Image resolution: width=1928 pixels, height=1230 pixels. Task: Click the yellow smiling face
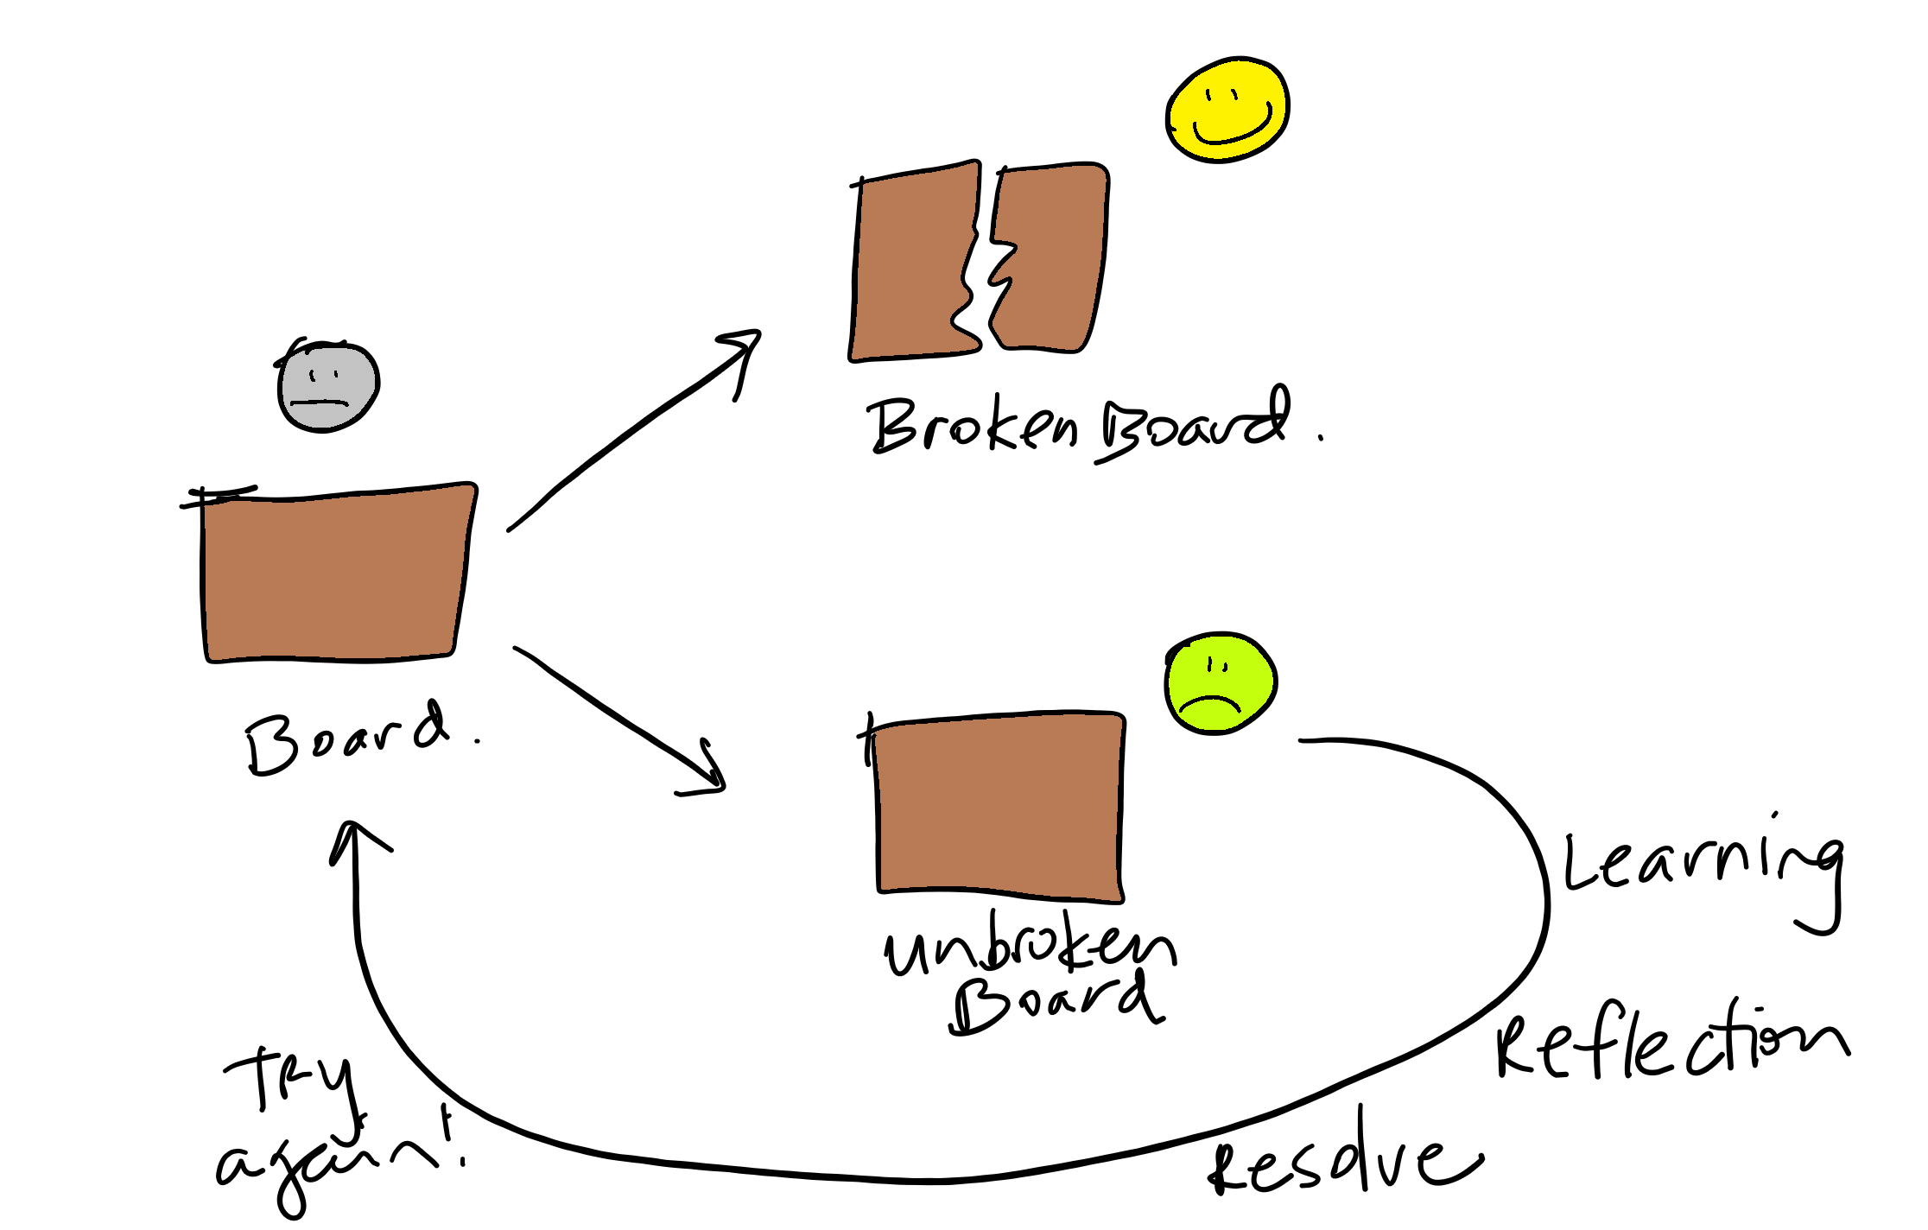point(1227,109)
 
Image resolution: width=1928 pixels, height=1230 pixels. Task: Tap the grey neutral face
point(328,387)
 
